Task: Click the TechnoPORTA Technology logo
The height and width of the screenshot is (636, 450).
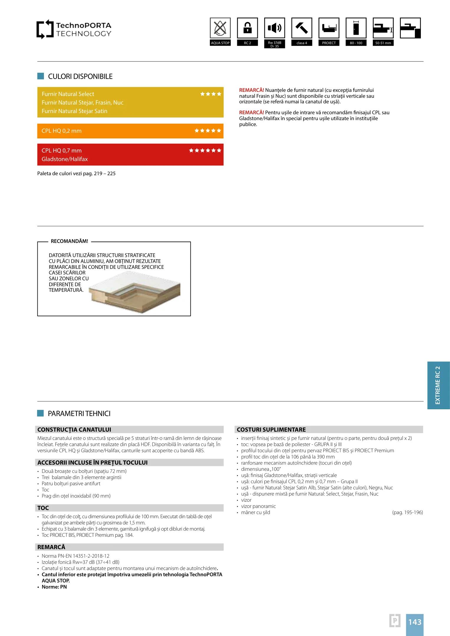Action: point(74,29)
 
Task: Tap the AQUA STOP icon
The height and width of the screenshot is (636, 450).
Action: point(220,28)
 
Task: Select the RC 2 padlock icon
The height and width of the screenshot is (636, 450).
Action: point(247,28)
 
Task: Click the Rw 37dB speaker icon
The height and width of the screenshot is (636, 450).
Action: point(274,28)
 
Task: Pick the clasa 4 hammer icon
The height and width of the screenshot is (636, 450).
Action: point(301,28)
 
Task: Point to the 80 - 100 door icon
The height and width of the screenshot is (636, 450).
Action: point(356,28)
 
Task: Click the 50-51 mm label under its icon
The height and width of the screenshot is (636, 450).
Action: point(383,43)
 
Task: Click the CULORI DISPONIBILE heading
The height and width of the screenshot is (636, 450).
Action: point(80,77)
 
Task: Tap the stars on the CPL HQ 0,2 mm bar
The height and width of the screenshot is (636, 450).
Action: point(207,131)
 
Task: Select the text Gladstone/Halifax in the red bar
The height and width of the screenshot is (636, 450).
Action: point(65,159)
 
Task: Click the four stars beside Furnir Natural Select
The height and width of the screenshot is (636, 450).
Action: point(210,94)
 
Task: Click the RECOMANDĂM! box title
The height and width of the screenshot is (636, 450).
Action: point(70,241)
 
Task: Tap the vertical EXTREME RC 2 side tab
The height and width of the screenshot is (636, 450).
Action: point(438,385)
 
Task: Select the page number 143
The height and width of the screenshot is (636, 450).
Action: point(415,622)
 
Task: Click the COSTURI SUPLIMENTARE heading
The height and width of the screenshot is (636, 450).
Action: point(271,430)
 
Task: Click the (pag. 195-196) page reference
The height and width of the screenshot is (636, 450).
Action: point(407,512)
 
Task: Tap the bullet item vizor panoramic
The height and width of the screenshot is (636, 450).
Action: point(258,506)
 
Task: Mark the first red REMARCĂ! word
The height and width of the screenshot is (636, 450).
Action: point(251,90)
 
